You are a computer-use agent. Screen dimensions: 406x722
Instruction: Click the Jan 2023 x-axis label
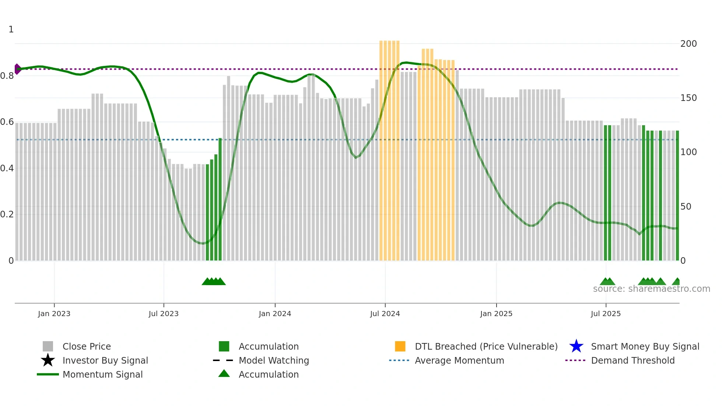54,314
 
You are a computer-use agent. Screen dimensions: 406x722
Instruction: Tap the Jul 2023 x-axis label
164,314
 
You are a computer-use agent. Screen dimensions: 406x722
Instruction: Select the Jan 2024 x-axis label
275,314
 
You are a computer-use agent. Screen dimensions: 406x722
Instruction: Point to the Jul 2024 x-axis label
385,314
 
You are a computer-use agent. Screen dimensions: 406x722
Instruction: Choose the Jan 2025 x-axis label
496,314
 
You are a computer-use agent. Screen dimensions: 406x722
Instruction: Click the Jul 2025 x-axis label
606,314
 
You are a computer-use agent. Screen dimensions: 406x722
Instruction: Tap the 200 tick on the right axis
688,44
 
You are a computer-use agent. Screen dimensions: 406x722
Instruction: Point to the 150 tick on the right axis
688,98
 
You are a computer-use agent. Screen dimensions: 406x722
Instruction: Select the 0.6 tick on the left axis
7,122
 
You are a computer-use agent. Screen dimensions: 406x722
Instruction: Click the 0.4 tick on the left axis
7,168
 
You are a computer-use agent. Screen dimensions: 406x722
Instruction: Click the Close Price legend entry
87,346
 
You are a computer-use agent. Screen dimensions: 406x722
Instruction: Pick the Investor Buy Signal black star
48,360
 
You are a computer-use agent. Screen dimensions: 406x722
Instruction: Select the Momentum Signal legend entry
102,374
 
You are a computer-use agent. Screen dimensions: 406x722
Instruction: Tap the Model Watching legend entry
274,360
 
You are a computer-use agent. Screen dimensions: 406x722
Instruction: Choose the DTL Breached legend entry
486,346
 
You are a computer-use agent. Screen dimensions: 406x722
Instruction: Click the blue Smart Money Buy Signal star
576,346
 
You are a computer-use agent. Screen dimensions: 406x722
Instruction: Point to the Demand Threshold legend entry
632,360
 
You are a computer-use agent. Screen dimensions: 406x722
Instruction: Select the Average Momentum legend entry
459,360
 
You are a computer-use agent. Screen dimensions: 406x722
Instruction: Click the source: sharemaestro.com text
651,289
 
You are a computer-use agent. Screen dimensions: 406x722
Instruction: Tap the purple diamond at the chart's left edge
17,69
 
